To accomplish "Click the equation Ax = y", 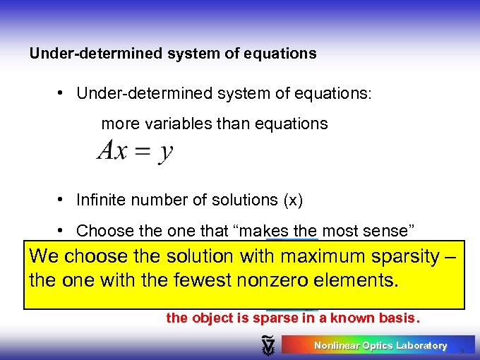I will (135, 150).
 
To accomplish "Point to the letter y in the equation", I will (165, 152).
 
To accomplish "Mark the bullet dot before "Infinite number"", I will (63, 200).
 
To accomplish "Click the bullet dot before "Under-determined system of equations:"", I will (63, 93).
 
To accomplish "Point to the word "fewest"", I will (201, 281).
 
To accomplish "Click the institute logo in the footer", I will (268, 345).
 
